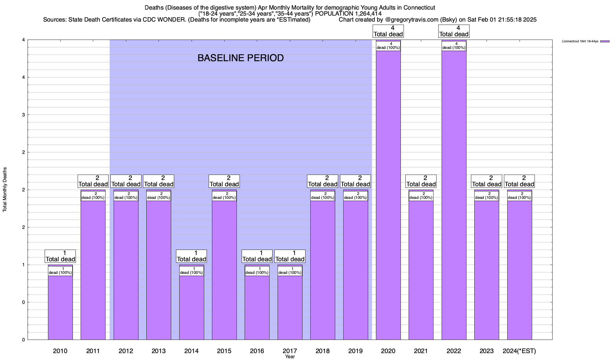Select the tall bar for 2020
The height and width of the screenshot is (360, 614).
388,195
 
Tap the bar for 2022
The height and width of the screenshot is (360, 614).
454,195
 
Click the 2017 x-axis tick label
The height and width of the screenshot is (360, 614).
290,351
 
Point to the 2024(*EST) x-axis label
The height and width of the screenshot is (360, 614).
519,351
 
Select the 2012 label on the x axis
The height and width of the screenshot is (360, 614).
126,351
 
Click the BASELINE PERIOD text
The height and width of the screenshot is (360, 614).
240,58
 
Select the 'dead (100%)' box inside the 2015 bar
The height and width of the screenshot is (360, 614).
224,196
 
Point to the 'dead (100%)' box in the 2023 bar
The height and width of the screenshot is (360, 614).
487,196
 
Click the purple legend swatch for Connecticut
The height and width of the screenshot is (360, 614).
605,41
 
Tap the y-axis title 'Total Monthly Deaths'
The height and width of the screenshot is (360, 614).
5,189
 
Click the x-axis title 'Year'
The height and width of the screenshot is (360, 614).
290,357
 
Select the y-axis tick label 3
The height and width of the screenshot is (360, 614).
23,115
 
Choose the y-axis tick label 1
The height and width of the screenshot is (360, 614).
23,265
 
